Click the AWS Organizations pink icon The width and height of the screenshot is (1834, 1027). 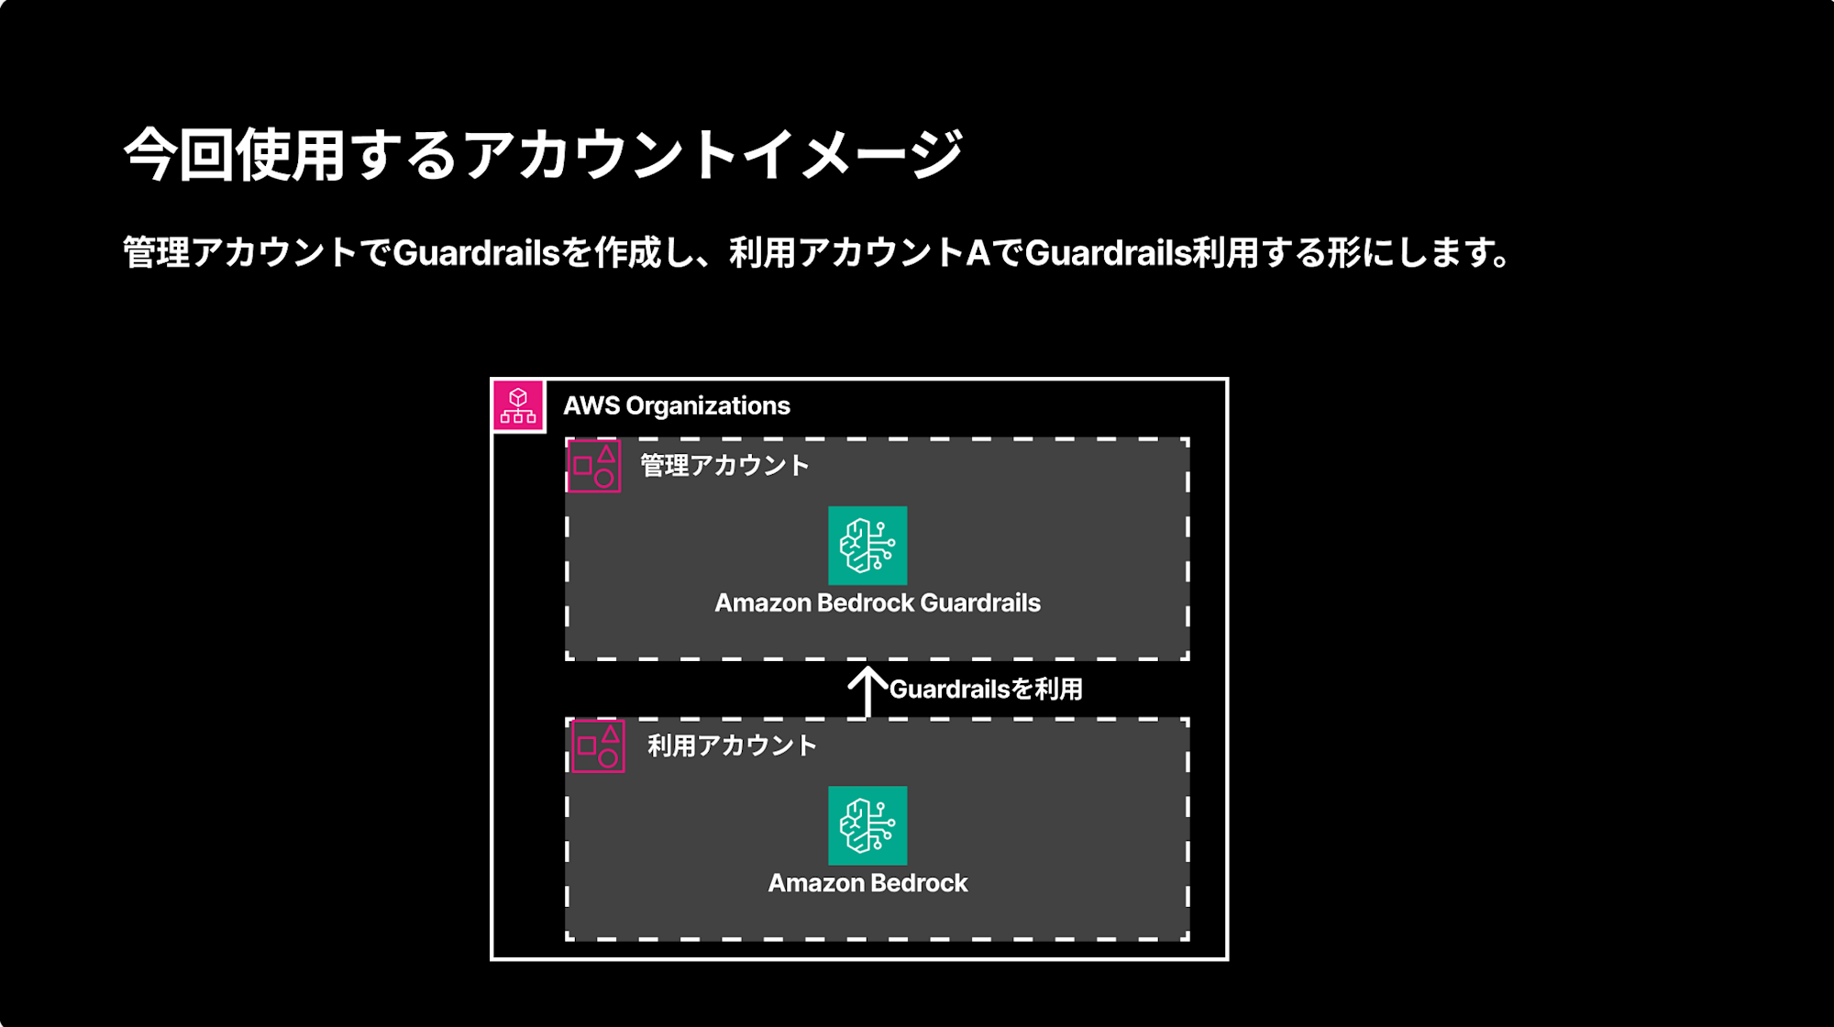click(519, 405)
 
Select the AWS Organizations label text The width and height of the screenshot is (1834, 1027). click(676, 405)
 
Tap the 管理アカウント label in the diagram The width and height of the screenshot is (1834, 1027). click(724, 466)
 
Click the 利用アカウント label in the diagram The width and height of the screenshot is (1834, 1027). click(732, 745)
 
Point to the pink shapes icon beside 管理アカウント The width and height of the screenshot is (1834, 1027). click(594, 466)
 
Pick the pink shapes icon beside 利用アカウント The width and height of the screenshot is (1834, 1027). click(598, 746)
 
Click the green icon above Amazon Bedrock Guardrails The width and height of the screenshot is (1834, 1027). click(867, 546)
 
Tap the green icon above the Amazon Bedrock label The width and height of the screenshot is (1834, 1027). click(867, 825)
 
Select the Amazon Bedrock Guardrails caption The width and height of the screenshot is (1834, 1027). click(878, 603)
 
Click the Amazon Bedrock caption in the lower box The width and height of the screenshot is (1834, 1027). click(867, 883)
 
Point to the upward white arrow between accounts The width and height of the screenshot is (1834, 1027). click(867, 692)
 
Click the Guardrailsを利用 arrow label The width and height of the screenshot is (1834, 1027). click(986, 690)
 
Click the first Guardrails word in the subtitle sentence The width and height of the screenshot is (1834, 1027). click(476, 252)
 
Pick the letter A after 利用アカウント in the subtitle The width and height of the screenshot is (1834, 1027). click(978, 252)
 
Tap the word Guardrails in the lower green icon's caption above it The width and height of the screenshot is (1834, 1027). click(979, 603)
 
